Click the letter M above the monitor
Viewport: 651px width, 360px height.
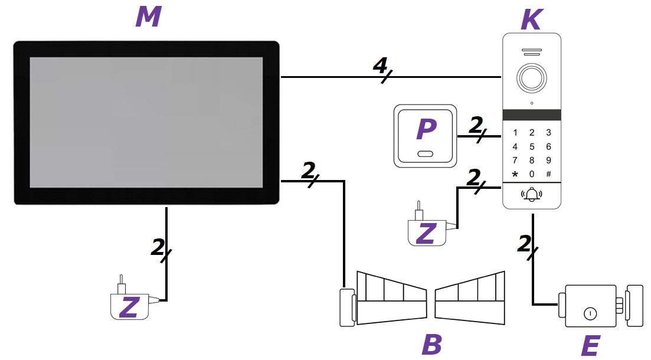(x=148, y=17)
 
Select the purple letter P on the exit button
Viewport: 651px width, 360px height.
(x=426, y=130)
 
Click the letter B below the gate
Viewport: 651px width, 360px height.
(x=432, y=345)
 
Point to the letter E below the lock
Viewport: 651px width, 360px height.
(x=590, y=346)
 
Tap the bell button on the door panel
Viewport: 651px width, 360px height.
(x=531, y=194)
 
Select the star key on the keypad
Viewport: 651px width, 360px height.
(x=515, y=174)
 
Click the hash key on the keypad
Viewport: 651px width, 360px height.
(x=548, y=174)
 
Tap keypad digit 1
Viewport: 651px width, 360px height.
(x=515, y=133)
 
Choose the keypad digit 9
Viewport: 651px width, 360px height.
(x=548, y=160)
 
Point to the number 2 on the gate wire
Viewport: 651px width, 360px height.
(x=308, y=171)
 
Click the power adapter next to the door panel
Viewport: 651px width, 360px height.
(x=427, y=231)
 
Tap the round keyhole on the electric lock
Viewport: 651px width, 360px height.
(x=588, y=313)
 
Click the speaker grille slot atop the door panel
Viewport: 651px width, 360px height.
(x=531, y=51)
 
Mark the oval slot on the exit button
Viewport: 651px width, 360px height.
(x=426, y=154)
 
